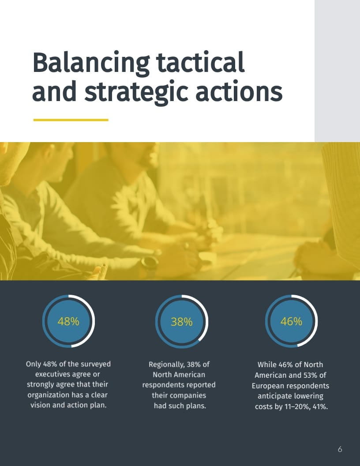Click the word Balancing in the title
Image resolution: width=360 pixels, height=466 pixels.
point(91,63)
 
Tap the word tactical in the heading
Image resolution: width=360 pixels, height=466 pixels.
point(200,62)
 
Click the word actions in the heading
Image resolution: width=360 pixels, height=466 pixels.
point(239,91)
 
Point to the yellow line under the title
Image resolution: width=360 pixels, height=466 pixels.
point(71,120)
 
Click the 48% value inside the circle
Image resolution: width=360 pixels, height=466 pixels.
point(68,321)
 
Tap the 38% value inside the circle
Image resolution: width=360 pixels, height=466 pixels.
point(181,322)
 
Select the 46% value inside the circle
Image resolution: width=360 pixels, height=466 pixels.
point(291,321)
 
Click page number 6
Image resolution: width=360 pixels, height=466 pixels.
point(340,449)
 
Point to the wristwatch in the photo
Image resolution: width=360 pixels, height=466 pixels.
point(150,263)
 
